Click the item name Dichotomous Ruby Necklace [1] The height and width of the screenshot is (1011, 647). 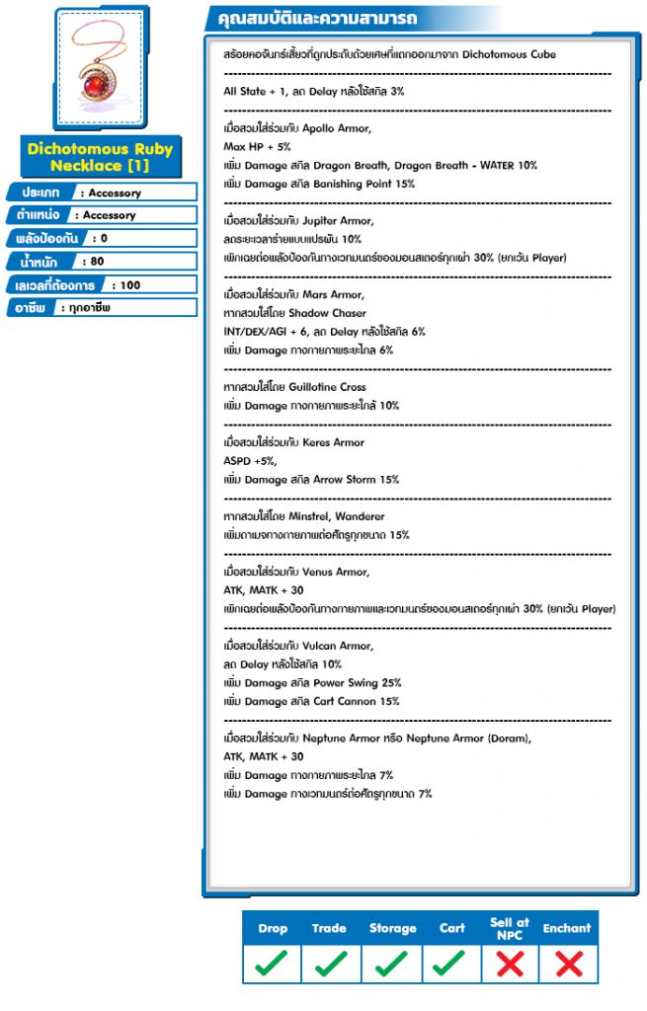pos(100,157)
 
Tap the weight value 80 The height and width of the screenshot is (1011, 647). pos(98,262)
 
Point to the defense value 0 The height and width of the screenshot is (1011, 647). pos(104,238)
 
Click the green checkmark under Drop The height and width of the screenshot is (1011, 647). pos(273,963)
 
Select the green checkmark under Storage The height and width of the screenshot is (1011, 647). pos(392,963)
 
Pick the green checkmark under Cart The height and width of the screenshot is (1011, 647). pos(451,963)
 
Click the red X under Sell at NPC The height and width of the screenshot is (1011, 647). pos(509,963)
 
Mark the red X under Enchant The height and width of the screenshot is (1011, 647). pos(567,963)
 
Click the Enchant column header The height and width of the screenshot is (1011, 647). pos(567,928)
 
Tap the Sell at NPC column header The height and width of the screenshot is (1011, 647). pos(509,928)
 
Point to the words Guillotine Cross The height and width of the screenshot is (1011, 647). pos(327,387)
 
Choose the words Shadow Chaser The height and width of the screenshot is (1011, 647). pos(328,313)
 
